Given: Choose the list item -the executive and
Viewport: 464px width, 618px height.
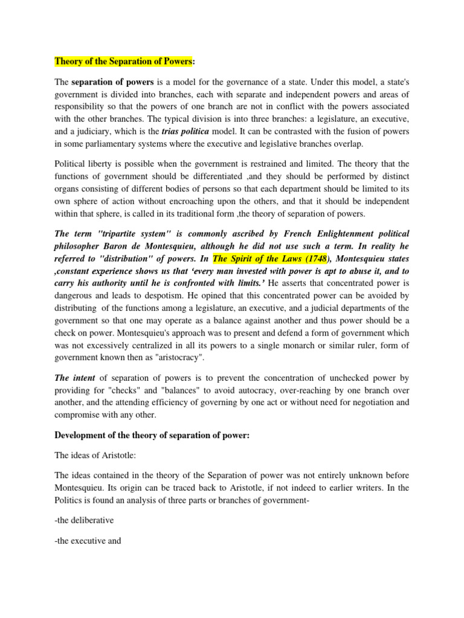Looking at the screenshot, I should point(88,541).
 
